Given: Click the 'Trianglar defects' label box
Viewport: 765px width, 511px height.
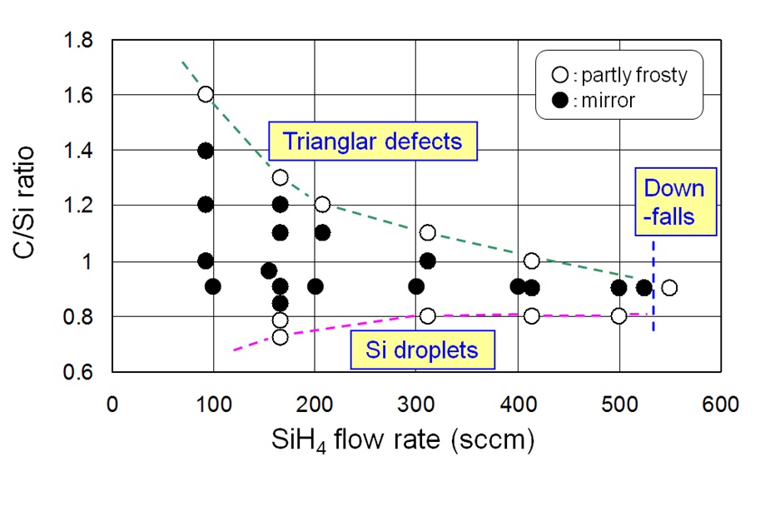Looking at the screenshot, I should point(372,141).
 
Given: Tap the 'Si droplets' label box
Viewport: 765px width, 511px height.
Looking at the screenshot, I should point(422,350).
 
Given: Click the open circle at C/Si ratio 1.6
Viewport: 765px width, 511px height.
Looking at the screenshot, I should point(206,95).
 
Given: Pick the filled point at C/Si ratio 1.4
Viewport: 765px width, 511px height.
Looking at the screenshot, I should point(206,151).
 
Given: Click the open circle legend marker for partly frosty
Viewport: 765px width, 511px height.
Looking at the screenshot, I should point(560,76).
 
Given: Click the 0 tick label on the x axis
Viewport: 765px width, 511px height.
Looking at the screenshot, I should point(112,404).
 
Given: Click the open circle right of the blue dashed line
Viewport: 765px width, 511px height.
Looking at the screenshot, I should point(668,288).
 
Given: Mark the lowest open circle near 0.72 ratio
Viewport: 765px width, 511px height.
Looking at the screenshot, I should point(281,337).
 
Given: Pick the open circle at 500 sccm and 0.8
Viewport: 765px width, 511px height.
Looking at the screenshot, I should point(618,316).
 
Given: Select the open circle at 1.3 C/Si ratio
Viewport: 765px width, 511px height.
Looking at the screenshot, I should point(281,177).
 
